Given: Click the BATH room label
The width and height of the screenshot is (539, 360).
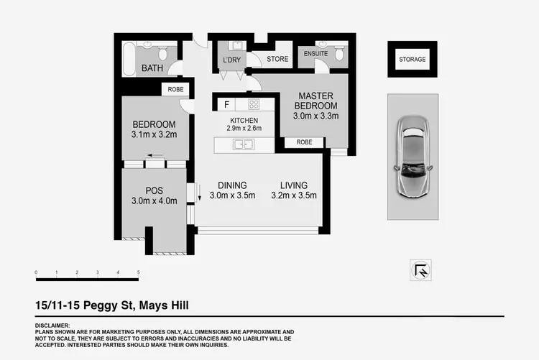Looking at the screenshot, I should coord(152,69).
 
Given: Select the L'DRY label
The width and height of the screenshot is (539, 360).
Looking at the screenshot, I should coord(231,60).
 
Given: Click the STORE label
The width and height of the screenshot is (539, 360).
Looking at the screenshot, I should coord(277,60).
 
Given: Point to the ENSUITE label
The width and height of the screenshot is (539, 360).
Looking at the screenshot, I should coord(316,53).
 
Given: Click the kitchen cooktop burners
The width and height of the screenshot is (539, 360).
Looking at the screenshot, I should coord(254,103).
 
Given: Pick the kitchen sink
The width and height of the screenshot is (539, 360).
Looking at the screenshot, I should coord(241,144).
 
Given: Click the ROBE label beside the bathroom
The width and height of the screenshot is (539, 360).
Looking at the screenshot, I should coord(176,90).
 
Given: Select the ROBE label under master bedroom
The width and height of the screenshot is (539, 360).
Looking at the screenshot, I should coord(304,142).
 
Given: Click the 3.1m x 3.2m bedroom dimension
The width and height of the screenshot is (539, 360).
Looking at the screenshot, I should coord(153,134).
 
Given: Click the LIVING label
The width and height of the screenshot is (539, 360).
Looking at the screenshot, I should coord(294,184).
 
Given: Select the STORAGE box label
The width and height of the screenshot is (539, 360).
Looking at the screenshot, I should coord(412,60).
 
